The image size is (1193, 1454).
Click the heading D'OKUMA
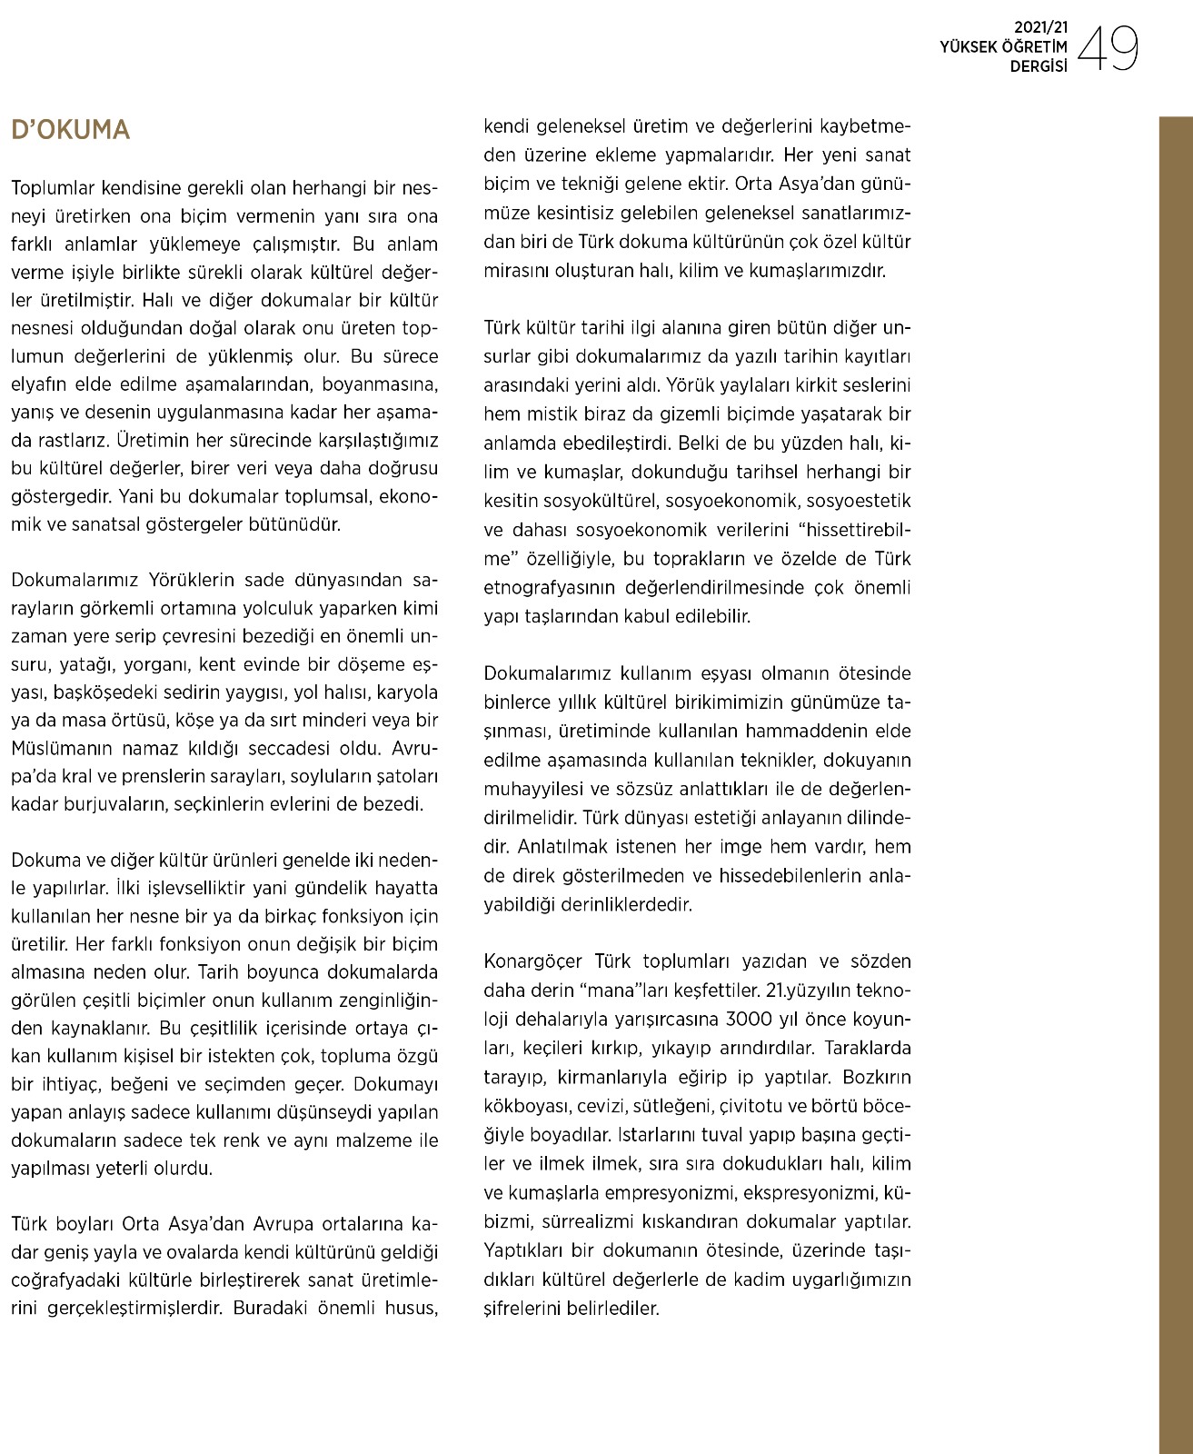tap(70, 130)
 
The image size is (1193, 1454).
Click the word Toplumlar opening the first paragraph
tap(53, 188)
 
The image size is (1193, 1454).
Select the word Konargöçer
tap(533, 961)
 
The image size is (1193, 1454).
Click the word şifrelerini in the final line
tap(521, 1309)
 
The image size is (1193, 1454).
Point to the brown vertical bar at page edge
tap(1175, 782)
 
